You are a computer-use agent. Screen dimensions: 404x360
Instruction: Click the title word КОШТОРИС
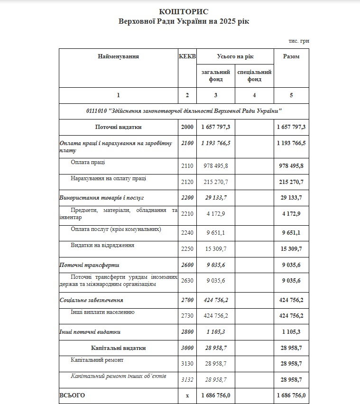click(x=184, y=11)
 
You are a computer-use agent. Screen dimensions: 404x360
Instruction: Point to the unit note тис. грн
click(x=298, y=41)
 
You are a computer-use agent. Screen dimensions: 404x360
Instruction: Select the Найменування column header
click(x=118, y=56)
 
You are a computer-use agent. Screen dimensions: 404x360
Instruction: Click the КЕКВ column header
click(x=187, y=56)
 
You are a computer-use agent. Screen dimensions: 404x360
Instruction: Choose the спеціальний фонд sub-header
click(x=254, y=76)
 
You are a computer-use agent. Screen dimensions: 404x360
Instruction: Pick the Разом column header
click(x=291, y=56)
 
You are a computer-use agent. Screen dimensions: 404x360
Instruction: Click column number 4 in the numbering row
click(x=254, y=95)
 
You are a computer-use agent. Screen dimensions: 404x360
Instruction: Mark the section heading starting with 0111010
click(x=184, y=110)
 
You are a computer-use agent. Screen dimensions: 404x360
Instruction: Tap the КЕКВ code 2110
click(x=187, y=165)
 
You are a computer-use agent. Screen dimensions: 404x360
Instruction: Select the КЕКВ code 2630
click(x=187, y=281)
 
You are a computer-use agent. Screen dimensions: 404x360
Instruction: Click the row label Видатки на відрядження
click(x=102, y=245)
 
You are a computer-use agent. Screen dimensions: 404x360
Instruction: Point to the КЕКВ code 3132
click(x=187, y=380)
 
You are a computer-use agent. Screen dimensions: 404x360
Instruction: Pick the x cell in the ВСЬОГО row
click(x=187, y=395)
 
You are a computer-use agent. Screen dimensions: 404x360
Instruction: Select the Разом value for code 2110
click(x=292, y=165)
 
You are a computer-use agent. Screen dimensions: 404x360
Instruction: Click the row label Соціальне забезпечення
click(x=92, y=300)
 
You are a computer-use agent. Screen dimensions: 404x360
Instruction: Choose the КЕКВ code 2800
click(x=187, y=332)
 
